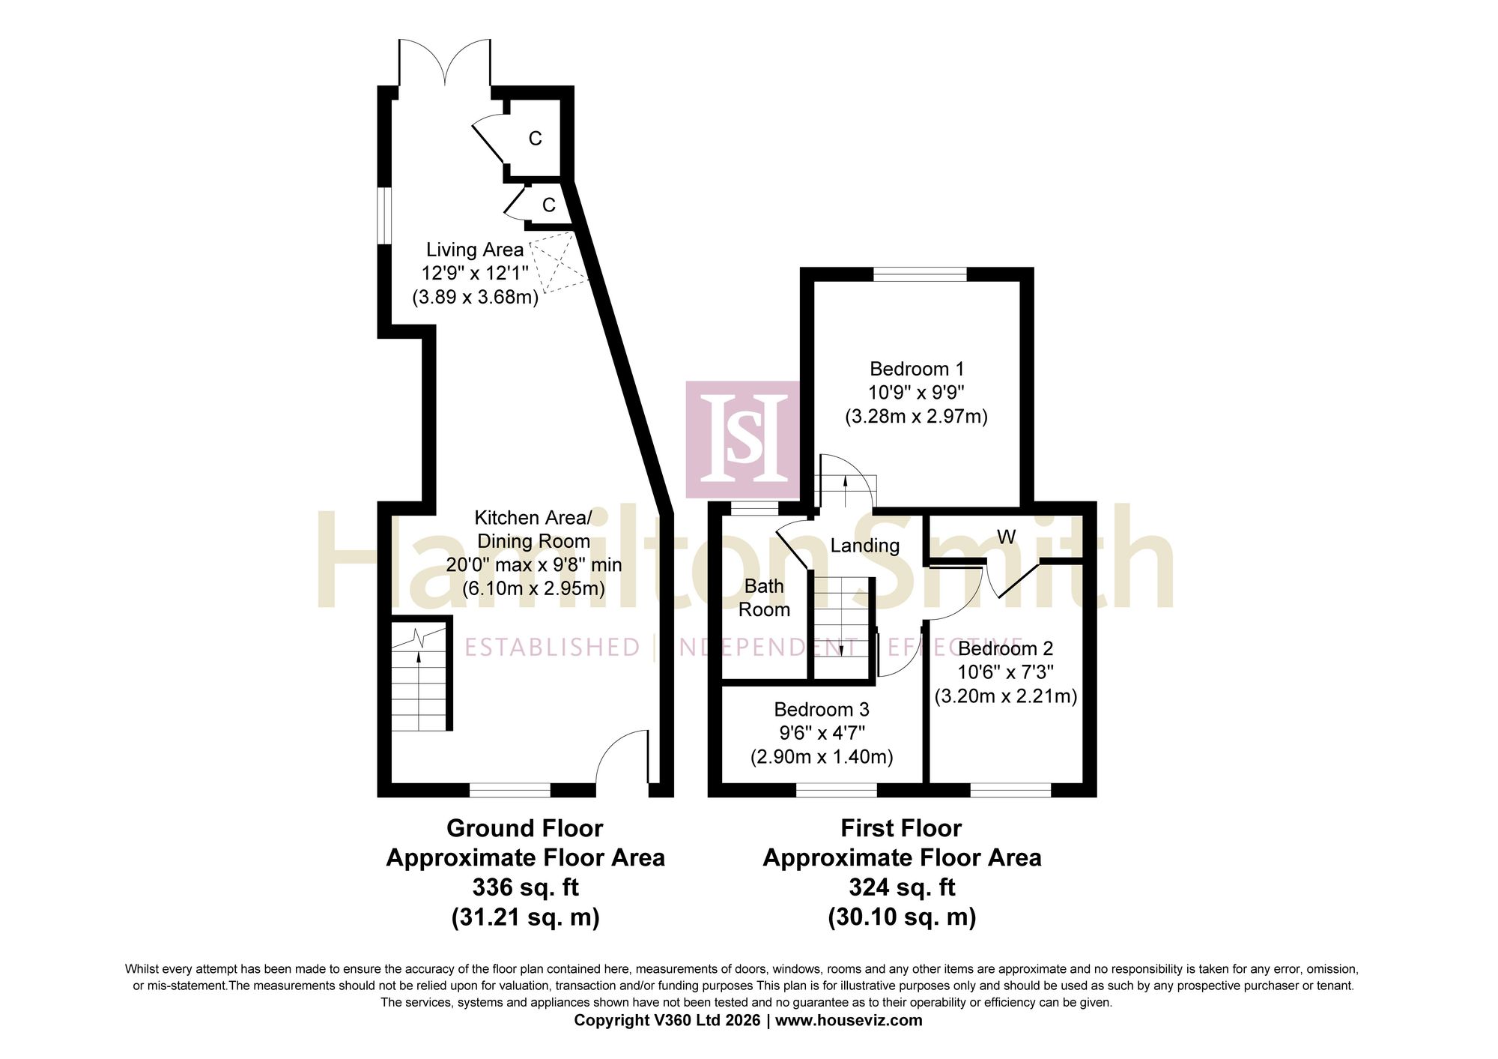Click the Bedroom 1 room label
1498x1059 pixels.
(916, 369)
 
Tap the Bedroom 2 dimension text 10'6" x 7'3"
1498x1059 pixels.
(1005, 672)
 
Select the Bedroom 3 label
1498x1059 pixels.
(822, 709)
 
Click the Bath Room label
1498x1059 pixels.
(764, 597)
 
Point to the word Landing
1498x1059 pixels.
(864, 546)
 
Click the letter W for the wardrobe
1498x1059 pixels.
(1006, 537)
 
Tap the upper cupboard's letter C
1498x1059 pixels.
(535, 139)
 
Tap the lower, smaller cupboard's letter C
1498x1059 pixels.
(549, 205)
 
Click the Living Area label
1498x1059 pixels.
(475, 250)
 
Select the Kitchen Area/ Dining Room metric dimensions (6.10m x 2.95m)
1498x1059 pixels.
(533, 588)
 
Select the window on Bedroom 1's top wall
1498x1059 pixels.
(920, 274)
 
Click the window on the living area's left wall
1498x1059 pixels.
(384, 215)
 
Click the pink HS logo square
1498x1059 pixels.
(742, 439)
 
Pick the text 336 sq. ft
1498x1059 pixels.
(525, 887)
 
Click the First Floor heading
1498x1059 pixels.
(901, 828)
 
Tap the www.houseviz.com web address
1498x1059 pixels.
(849, 1020)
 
